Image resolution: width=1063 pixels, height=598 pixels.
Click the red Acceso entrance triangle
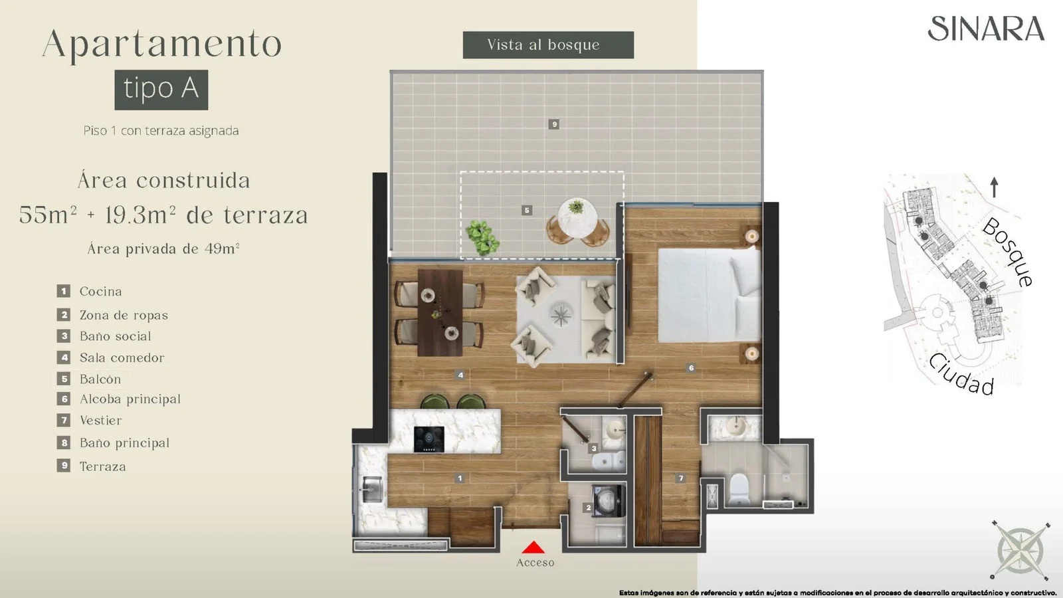(533, 548)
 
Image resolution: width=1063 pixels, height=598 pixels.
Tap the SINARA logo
(986, 29)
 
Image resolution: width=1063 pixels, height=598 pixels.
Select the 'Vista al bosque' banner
(548, 45)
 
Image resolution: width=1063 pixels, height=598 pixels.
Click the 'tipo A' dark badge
(161, 90)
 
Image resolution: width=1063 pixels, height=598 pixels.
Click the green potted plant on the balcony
(482, 237)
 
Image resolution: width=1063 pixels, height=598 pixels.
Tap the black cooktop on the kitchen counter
(429, 439)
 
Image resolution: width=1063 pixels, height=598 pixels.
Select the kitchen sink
(372, 489)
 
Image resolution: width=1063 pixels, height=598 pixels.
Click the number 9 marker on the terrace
(554, 124)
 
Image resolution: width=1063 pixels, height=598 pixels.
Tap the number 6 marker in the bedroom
(691, 368)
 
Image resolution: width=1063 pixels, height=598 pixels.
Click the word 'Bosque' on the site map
(1007, 252)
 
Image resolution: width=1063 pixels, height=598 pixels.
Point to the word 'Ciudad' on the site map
(961, 375)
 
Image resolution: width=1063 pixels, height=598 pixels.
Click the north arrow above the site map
(994, 187)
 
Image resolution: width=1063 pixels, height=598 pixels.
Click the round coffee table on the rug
(561, 315)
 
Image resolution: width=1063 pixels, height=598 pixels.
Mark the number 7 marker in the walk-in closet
(681, 478)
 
